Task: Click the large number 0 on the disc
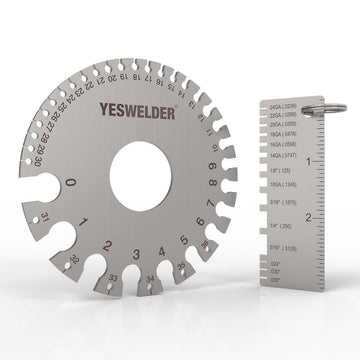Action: tap(69, 183)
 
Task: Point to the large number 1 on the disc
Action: tap(87, 221)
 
